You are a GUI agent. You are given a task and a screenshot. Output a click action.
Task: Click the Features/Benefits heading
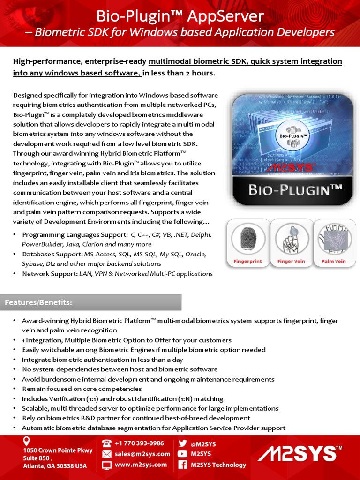[38, 302]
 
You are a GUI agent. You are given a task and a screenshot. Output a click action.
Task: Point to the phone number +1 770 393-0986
[139, 443]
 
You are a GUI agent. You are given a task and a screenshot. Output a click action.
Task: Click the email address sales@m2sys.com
[142, 454]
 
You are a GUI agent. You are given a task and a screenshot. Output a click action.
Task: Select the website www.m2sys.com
[141, 465]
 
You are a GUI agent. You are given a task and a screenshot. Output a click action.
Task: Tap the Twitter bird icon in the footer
[182, 443]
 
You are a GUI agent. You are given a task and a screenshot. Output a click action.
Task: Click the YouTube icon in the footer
[182, 454]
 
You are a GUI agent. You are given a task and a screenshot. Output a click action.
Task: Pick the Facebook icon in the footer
[182, 465]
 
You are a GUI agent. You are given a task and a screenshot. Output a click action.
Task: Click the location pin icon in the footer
[27, 442]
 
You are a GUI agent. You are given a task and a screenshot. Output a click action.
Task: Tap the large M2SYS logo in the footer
[300, 454]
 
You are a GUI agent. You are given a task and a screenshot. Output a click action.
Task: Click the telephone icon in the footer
[107, 443]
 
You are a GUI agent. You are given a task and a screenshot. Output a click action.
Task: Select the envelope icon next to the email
[107, 454]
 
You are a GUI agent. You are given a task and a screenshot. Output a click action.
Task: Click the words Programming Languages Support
[75, 234]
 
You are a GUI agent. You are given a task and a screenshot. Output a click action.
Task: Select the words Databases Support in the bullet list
[52, 254]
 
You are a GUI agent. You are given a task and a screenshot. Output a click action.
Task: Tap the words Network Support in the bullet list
[49, 274]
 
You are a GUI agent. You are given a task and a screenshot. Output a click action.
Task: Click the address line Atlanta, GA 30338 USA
[55, 466]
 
